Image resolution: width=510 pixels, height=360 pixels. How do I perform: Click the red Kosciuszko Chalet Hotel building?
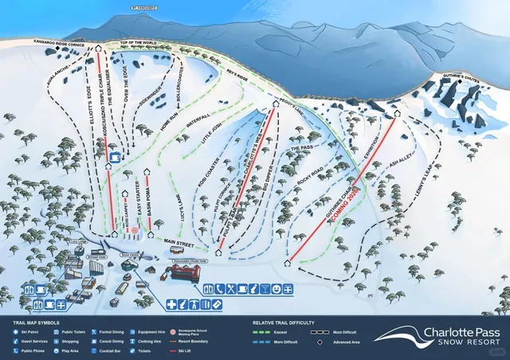pos(184,273)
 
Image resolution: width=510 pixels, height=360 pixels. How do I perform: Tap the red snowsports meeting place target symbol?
pos(135,233)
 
